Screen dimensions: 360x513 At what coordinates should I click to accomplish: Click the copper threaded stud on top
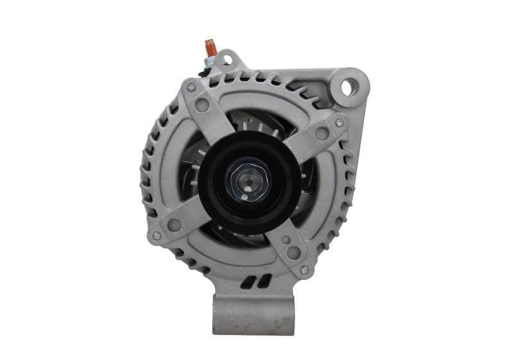point(209,47)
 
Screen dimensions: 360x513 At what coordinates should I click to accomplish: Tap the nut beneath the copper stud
point(210,62)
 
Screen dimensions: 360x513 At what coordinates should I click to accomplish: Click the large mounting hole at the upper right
point(347,86)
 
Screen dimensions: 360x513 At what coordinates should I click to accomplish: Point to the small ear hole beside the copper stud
point(224,61)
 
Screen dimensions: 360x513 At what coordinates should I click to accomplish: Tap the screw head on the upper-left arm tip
point(190,85)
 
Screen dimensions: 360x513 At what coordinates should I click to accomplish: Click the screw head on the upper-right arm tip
point(340,121)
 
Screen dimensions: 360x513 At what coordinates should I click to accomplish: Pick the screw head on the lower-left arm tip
point(156,236)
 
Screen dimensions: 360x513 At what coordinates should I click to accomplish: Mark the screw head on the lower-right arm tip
point(305,270)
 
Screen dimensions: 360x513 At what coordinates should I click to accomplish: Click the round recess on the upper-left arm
point(205,105)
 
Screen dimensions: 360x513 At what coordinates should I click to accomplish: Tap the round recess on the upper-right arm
point(323,134)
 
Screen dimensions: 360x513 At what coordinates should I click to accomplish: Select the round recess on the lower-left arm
point(172,225)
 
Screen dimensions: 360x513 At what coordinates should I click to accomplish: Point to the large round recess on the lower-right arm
point(293,253)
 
